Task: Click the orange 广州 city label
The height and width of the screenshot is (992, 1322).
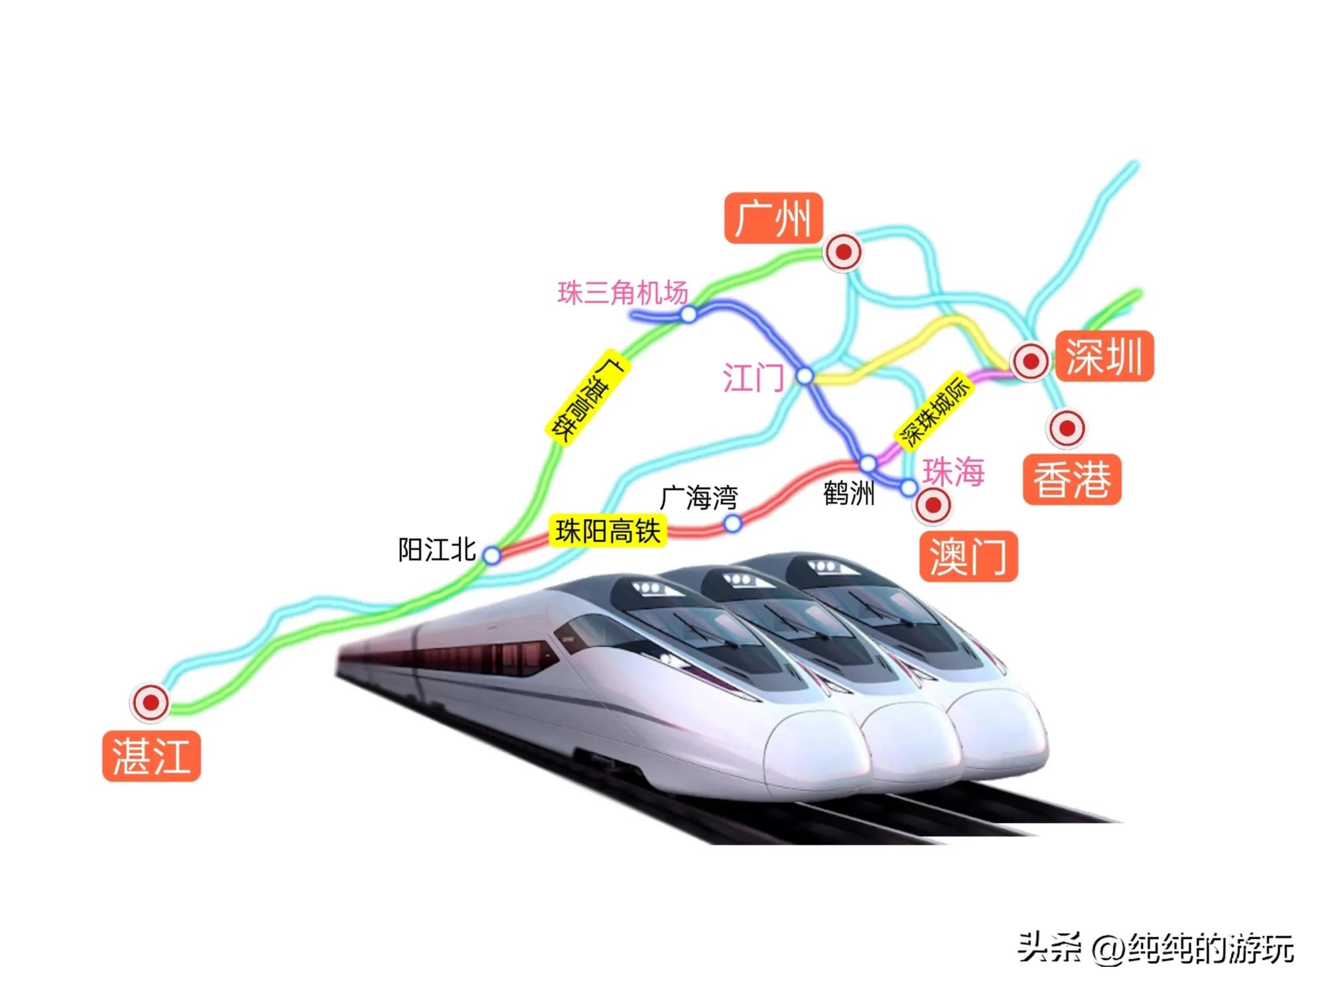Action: coord(773,218)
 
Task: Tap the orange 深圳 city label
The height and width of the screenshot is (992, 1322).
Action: coord(1104,356)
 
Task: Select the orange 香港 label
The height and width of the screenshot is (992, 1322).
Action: coord(1071,479)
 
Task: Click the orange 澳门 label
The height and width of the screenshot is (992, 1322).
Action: coord(968,556)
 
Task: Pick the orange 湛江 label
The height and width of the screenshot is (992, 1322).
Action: coord(151,756)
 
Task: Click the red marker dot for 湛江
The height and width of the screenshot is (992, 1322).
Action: coord(151,702)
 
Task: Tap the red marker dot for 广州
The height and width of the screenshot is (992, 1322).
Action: coord(843,252)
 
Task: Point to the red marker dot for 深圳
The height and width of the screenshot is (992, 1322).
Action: coord(1030,361)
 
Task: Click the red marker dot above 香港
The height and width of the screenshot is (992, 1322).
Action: coord(1067,428)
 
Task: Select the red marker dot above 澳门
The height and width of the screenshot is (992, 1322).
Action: coord(933,506)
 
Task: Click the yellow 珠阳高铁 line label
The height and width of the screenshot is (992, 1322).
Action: coord(608,531)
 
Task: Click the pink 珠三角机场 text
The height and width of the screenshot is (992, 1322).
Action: coord(622,293)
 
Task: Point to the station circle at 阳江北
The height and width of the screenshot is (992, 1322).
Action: coord(492,555)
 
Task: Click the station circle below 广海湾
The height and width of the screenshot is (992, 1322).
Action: coord(732,524)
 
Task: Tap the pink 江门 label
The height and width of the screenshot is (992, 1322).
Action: coord(753,378)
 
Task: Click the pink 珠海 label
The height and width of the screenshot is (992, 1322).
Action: coord(953,472)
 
